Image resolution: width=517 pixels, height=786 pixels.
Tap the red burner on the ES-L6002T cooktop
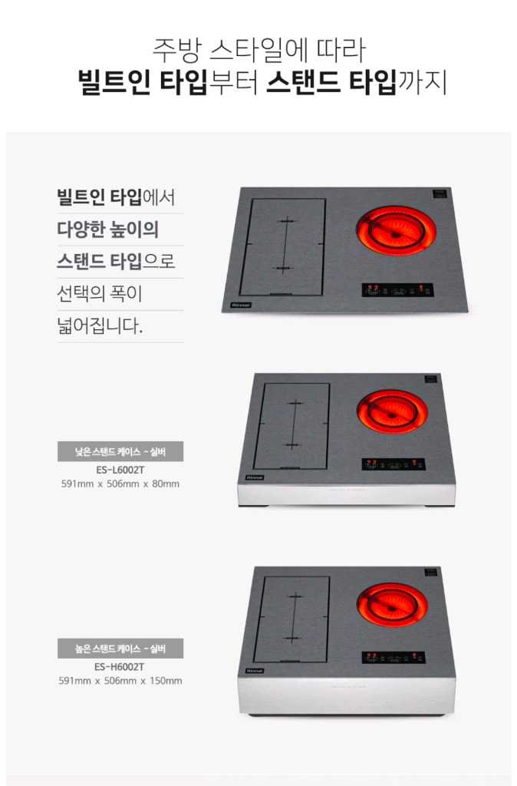tap(391, 411)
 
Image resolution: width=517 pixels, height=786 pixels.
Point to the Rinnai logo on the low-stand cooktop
tap(255, 477)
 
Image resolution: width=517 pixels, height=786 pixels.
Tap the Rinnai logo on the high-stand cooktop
tap(255, 670)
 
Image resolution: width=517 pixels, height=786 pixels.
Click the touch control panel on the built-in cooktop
tap(397, 290)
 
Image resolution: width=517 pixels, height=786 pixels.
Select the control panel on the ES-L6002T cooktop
tap(393, 464)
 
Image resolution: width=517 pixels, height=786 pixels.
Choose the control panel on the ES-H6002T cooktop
tap(393, 658)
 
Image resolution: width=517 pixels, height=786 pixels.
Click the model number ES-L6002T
tap(120, 469)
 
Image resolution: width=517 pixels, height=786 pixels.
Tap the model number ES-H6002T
tap(120, 666)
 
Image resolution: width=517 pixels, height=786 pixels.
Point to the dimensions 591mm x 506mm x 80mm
tap(120, 484)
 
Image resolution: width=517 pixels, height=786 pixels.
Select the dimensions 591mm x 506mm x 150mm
tap(120, 681)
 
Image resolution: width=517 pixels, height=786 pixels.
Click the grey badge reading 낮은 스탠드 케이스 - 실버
tap(120, 451)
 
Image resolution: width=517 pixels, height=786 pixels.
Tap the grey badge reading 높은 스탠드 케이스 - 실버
tap(120, 649)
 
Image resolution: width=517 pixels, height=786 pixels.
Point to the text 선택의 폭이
tap(100, 294)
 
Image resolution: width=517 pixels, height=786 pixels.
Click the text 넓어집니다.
tap(100, 326)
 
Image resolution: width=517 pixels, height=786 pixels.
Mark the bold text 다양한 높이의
tap(107, 230)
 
